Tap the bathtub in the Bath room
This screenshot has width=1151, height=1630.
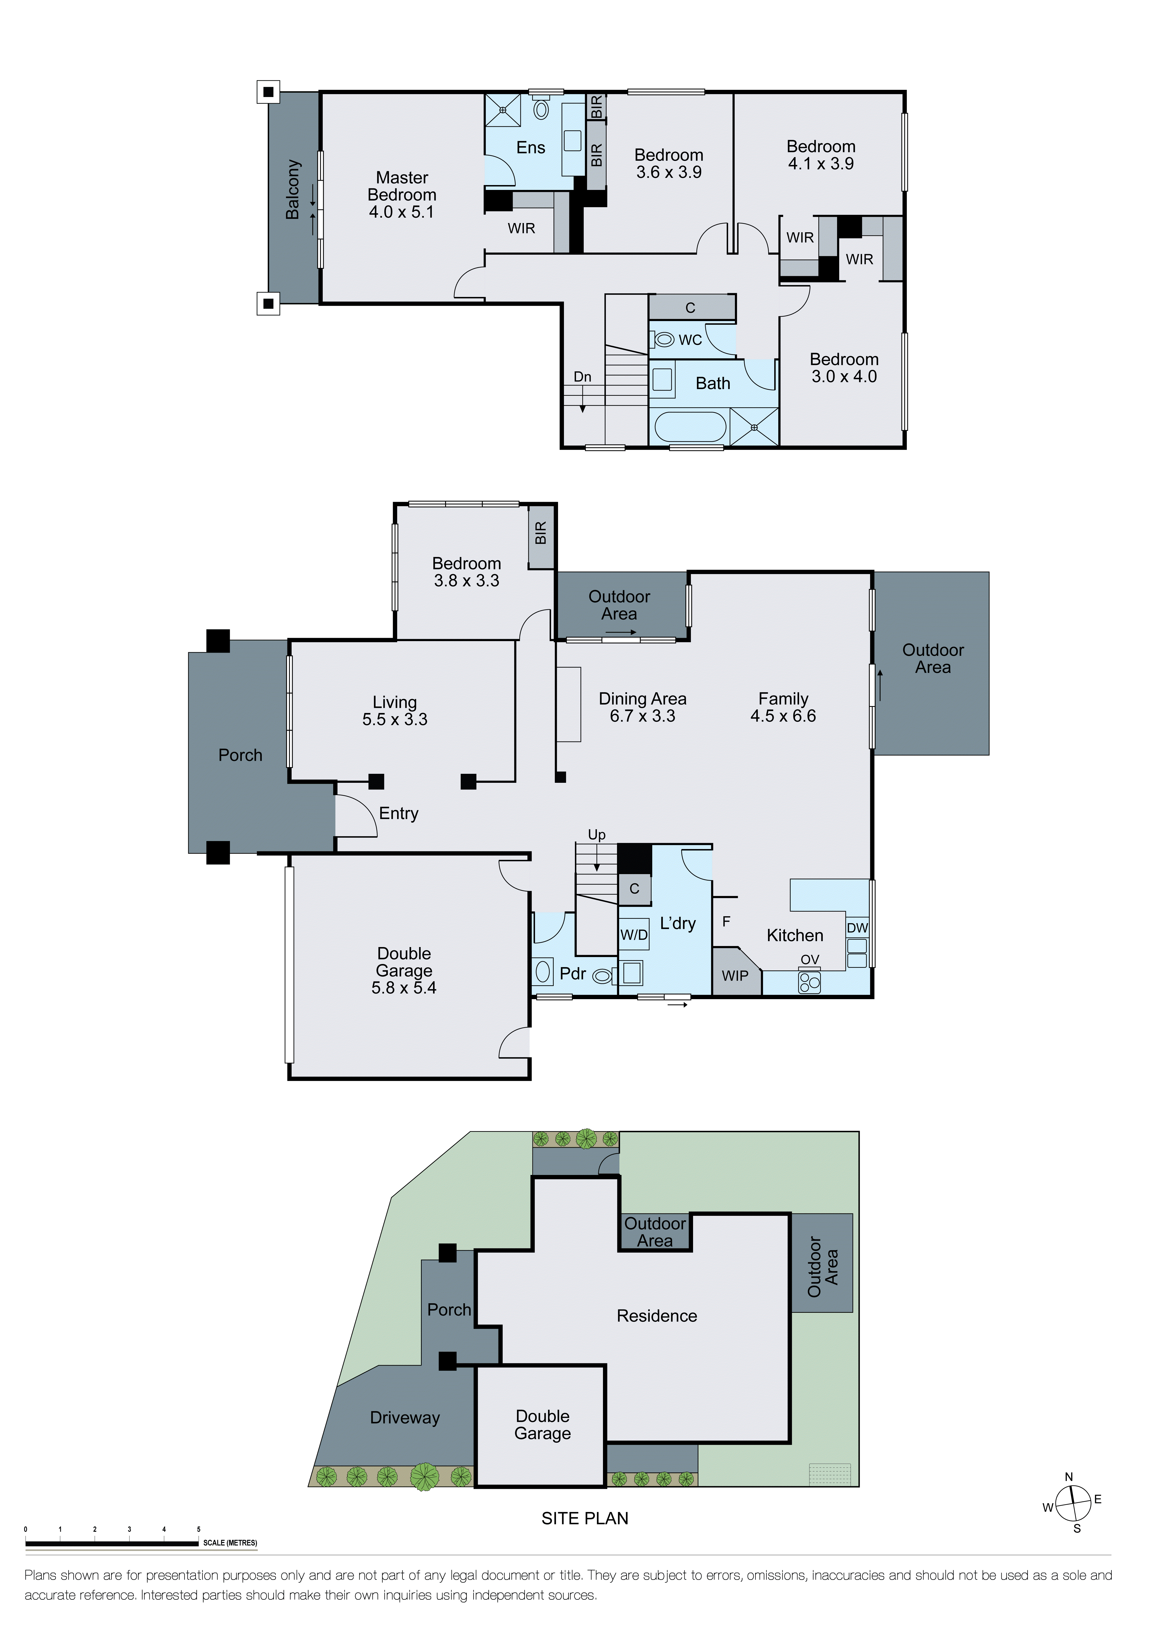tap(689, 427)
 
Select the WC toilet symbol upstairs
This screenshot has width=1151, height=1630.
tap(664, 340)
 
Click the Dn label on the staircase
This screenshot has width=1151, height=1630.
tap(582, 377)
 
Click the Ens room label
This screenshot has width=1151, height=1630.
tap(530, 148)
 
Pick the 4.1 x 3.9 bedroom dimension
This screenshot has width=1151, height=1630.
tap(821, 164)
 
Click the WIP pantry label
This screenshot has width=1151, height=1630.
tap(735, 976)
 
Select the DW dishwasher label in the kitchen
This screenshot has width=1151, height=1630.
tap(857, 928)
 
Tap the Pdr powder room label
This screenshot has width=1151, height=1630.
tap(572, 973)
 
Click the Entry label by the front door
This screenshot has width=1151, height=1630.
tap(398, 814)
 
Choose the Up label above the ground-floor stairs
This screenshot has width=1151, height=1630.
tap(597, 835)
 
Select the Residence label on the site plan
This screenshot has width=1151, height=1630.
tap(657, 1316)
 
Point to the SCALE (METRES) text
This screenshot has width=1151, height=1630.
tap(230, 1543)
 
